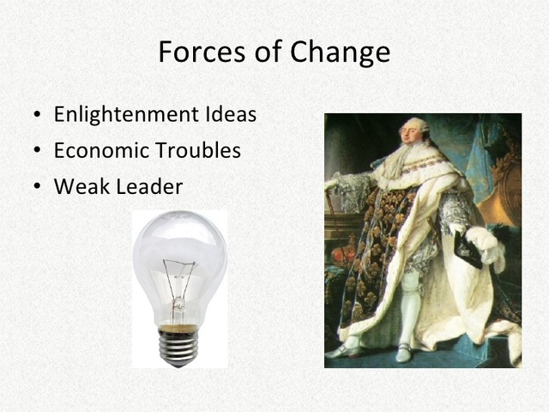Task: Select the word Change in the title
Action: point(341,52)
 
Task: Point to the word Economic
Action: point(100,150)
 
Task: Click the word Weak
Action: point(76,186)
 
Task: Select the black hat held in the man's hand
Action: point(468,248)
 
